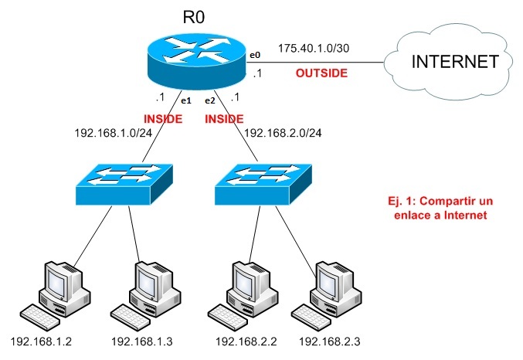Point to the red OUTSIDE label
[321, 73]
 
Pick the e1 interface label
[185, 100]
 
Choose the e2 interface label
[209, 100]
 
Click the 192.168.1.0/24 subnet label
[111, 133]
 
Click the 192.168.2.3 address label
[330, 341]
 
